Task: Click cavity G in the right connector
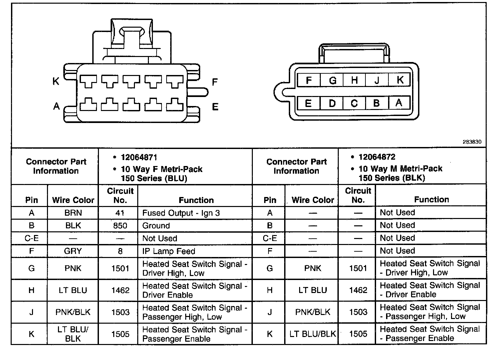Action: [x=332, y=80]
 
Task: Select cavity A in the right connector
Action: [x=399, y=103]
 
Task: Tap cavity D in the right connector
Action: [x=332, y=103]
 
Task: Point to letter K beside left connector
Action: [x=56, y=81]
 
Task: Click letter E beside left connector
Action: [x=215, y=107]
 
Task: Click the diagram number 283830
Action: [x=472, y=142]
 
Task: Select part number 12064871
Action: [x=139, y=157]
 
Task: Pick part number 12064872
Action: [x=377, y=157]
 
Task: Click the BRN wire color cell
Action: [x=73, y=213]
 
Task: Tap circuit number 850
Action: [x=120, y=226]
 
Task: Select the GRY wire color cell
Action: [x=73, y=251]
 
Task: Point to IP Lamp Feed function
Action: [x=169, y=251]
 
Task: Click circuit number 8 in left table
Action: [x=120, y=251]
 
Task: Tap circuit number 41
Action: [x=120, y=213]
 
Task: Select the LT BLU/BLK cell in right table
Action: [x=312, y=334]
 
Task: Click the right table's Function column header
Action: [x=431, y=199]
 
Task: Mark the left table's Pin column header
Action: [x=32, y=200]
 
